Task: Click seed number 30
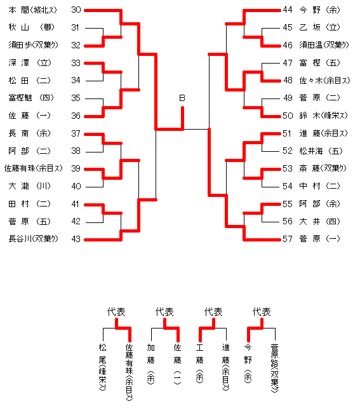point(76,10)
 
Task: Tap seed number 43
point(76,239)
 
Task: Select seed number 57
point(288,239)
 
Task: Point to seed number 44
point(288,10)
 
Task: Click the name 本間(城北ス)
point(33,10)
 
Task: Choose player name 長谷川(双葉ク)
point(33,239)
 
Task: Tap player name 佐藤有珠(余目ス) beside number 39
point(34,168)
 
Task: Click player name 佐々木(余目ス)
point(324,80)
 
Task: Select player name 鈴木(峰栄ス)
point(323,116)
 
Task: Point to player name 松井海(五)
point(321,151)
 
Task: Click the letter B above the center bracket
point(182,98)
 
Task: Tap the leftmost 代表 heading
point(116,312)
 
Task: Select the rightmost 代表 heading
point(262,312)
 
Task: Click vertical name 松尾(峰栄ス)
point(103,367)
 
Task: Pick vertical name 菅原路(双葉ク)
point(274,368)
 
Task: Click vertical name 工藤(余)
point(199,363)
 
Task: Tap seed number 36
point(76,116)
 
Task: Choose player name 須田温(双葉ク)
point(324,45)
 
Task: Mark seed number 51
point(288,133)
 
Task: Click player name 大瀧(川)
point(29,186)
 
